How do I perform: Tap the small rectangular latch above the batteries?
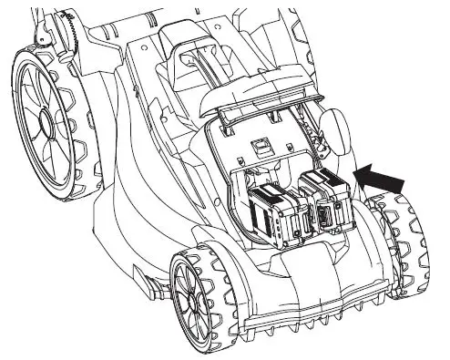pyautogui.click(x=261, y=143)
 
